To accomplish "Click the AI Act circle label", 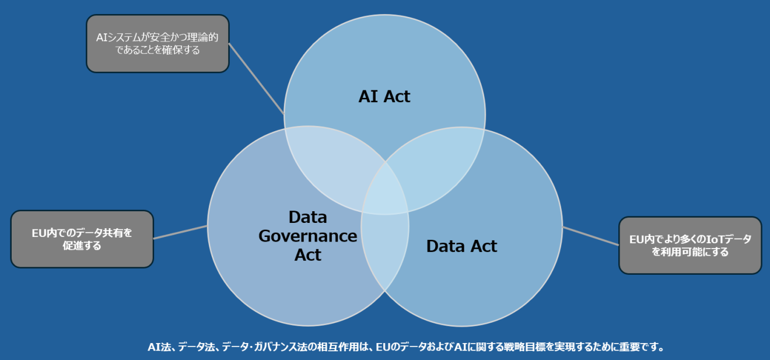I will [384, 96].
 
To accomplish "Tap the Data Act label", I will [461, 246].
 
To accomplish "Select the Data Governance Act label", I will [307, 236].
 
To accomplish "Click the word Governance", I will [307, 236].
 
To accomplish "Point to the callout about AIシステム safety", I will [157, 44].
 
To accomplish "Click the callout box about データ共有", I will [82, 239].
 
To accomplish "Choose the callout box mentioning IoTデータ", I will [690, 246].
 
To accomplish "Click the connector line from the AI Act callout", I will [257, 79].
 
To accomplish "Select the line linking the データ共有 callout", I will [180, 232].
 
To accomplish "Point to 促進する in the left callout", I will [82, 246].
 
